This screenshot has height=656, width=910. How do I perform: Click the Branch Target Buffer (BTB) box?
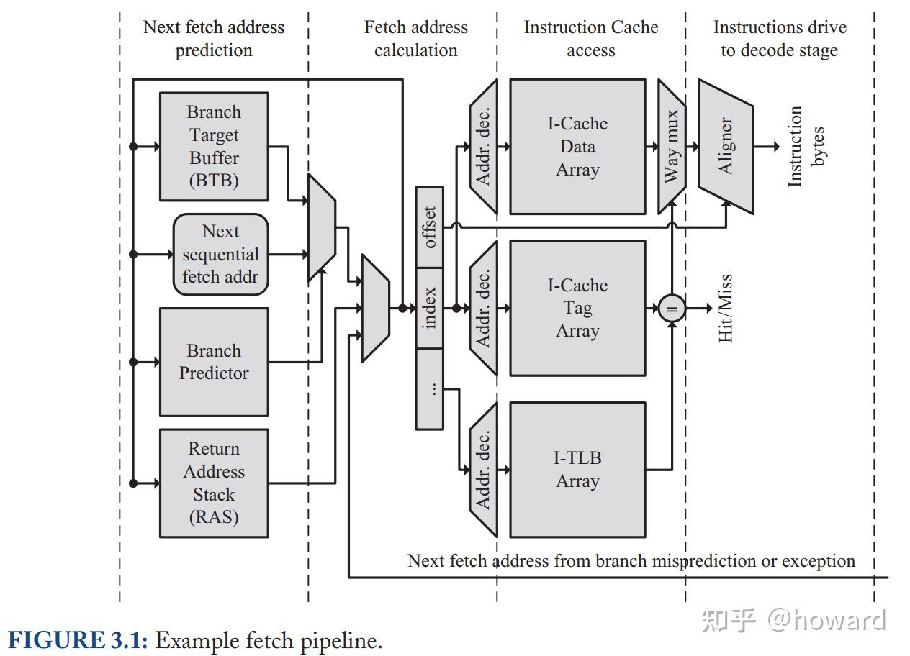[214, 146]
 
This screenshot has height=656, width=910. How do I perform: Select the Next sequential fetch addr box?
[220, 254]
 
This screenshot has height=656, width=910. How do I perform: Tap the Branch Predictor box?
[214, 362]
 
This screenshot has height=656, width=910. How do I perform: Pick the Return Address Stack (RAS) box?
[214, 483]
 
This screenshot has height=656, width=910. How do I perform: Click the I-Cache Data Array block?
[577, 146]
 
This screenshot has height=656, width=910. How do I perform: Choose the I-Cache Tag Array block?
[577, 308]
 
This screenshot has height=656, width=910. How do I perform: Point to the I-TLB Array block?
[577, 470]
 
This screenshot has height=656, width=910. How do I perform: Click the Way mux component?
[671, 146]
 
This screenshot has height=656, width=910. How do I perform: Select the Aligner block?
[726, 146]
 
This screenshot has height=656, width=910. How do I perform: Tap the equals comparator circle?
[671, 309]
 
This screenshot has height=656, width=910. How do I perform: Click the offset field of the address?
[430, 227]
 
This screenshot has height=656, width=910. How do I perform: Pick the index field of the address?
[430, 308]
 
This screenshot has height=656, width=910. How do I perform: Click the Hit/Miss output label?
[726, 308]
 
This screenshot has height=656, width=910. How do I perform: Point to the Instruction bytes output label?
[806, 146]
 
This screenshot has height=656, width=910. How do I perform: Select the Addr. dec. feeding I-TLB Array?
[483, 470]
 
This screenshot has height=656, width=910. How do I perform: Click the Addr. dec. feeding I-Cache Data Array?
[483, 146]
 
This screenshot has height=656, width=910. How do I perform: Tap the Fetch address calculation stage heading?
[416, 39]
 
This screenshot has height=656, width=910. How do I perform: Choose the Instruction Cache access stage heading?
[591, 39]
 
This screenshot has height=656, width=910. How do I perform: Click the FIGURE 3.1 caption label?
[78, 639]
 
